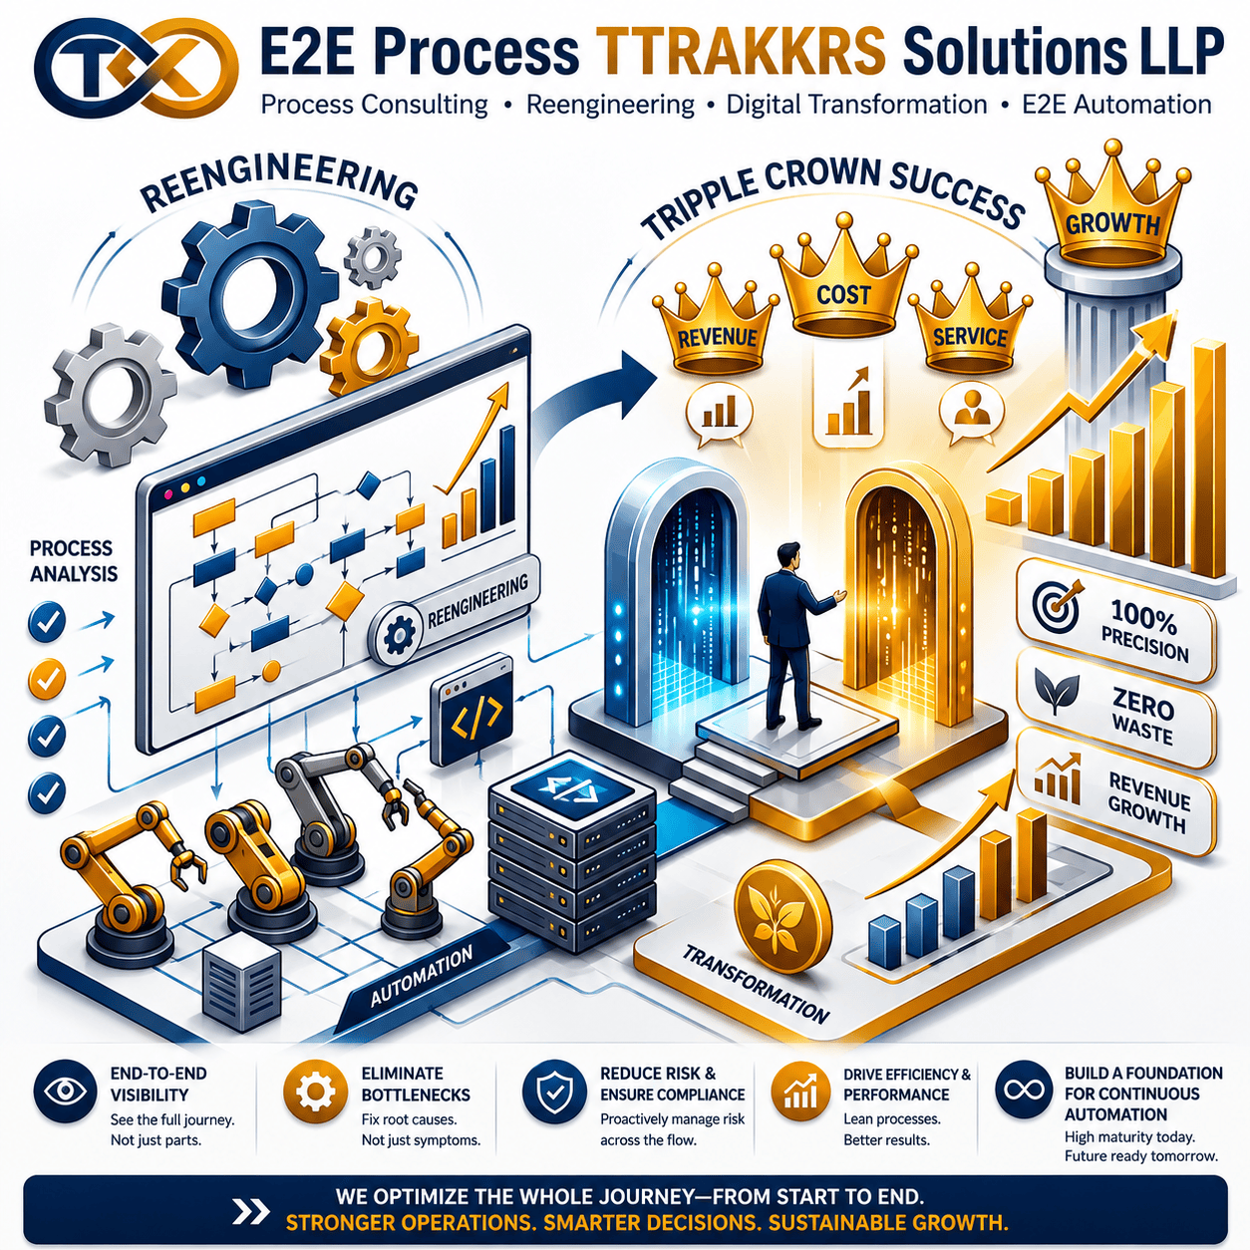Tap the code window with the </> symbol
pos(471,712)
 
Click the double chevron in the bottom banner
pos(251,1212)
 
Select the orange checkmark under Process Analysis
pos(47,678)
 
